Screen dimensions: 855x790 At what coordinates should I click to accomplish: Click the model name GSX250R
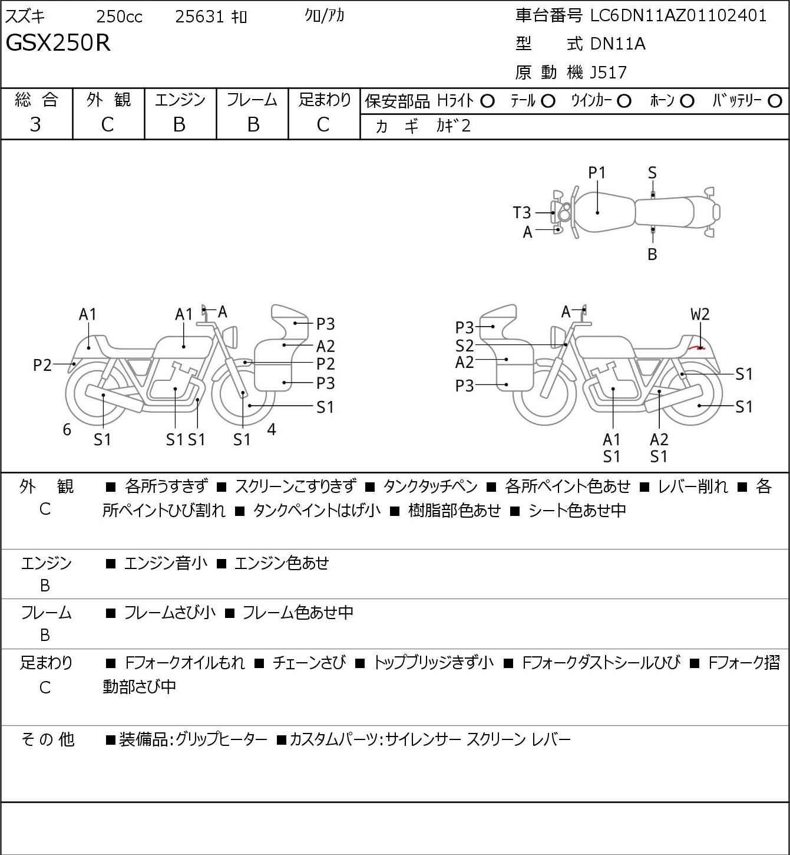58,43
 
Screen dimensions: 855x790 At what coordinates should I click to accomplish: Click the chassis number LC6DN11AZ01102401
679,16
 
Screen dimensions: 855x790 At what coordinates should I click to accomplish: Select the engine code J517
605,73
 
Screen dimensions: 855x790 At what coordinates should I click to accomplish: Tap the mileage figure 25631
200,17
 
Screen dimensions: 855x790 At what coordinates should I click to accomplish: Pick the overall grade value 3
35,124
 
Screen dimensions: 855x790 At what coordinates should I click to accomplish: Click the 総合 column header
37,100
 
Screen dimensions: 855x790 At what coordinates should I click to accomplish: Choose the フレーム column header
252,100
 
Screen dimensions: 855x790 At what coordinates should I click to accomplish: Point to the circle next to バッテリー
775,101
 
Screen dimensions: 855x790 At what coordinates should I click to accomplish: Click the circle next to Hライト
487,101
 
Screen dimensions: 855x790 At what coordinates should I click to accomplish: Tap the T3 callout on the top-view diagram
522,212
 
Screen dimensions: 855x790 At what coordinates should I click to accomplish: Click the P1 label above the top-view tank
597,173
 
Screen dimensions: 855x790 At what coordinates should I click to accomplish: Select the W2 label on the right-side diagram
700,314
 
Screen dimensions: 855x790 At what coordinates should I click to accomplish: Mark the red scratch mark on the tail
698,348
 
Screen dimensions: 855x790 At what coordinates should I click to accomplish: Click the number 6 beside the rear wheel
67,429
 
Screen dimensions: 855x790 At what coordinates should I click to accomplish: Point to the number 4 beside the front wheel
272,429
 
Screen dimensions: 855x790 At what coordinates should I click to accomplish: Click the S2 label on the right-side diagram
464,345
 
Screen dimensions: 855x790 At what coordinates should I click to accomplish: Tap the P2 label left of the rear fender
43,366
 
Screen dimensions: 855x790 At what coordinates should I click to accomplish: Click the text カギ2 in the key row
453,126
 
